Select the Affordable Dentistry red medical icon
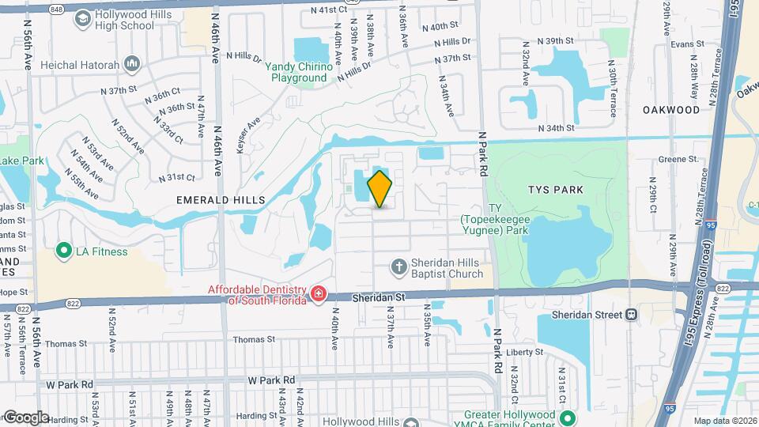point(318,295)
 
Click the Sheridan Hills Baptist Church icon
point(399,266)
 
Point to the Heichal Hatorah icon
point(131,63)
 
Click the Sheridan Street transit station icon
point(631,314)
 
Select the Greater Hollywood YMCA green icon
point(566,419)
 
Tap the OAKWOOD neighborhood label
point(671,109)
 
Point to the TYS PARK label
point(557,190)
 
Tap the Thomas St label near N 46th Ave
point(254,339)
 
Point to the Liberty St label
point(527,352)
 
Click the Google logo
point(25,417)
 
